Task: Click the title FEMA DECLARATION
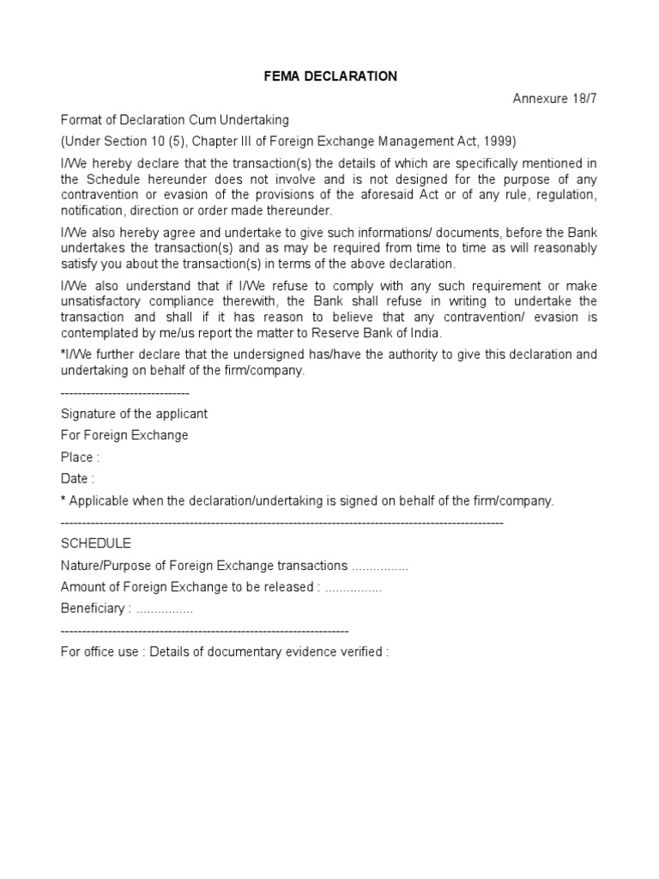329,76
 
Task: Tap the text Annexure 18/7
554,98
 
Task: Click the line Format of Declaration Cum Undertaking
175,119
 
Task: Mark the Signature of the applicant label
134,414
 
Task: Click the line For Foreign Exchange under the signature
124,435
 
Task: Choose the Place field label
80,458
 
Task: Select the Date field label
77,479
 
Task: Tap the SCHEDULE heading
96,543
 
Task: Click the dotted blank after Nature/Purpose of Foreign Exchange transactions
380,566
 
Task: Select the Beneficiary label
95,609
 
